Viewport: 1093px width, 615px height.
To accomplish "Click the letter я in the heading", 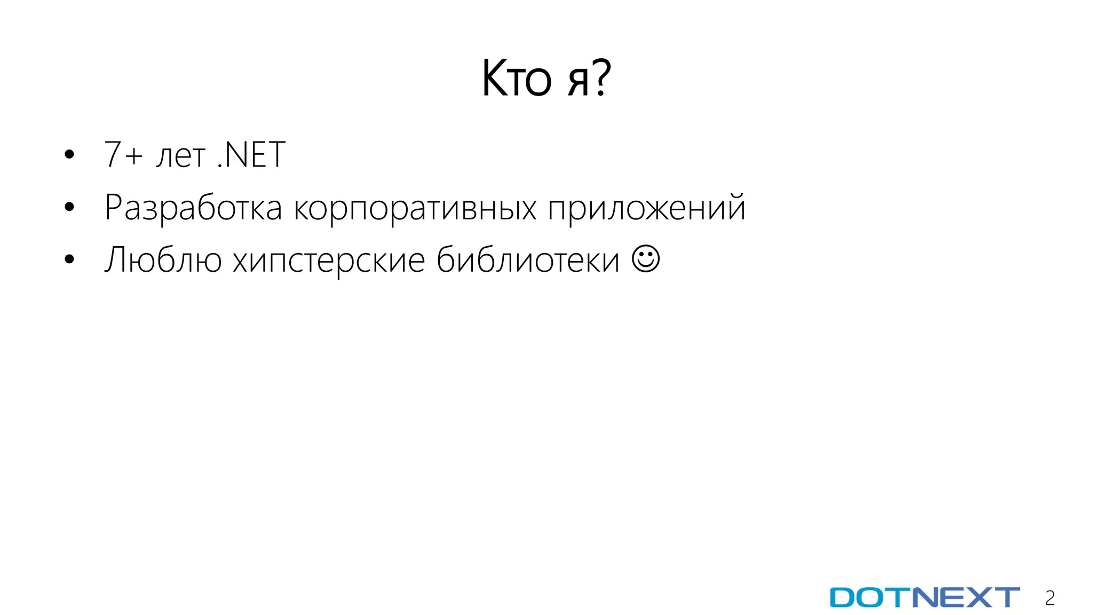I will [x=577, y=83].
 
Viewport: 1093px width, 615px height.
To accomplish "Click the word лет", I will [x=180, y=156].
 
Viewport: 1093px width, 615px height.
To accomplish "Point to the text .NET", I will [x=251, y=155].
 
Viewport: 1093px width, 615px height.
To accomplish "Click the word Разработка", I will [x=193, y=208].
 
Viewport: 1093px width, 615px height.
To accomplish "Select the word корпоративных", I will [x=415, y=208].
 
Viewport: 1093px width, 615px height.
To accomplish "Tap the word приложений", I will [x=646, y=208].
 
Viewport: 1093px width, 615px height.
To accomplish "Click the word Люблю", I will [x=163, y=260].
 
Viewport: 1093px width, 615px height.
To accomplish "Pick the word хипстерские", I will [x=329, y=260].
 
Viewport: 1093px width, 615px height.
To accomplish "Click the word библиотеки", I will [x=528, y=260].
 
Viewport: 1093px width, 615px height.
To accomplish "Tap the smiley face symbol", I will [x=645, y=259].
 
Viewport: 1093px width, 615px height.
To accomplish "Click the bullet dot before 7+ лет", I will [x=69, y=155].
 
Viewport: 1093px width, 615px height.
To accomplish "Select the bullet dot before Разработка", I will [x=69, y=207].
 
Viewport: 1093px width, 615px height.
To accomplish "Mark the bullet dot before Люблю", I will [x=69, y=259].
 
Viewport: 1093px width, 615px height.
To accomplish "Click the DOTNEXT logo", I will [x=924, y=597].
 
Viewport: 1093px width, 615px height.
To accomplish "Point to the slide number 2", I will [x=1050, y=598].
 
